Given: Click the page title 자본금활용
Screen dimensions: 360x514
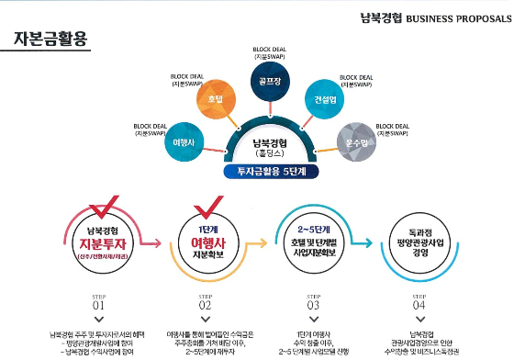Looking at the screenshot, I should tap(51, 39).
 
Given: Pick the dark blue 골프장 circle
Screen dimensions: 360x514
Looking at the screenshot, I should tap(268, 80).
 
